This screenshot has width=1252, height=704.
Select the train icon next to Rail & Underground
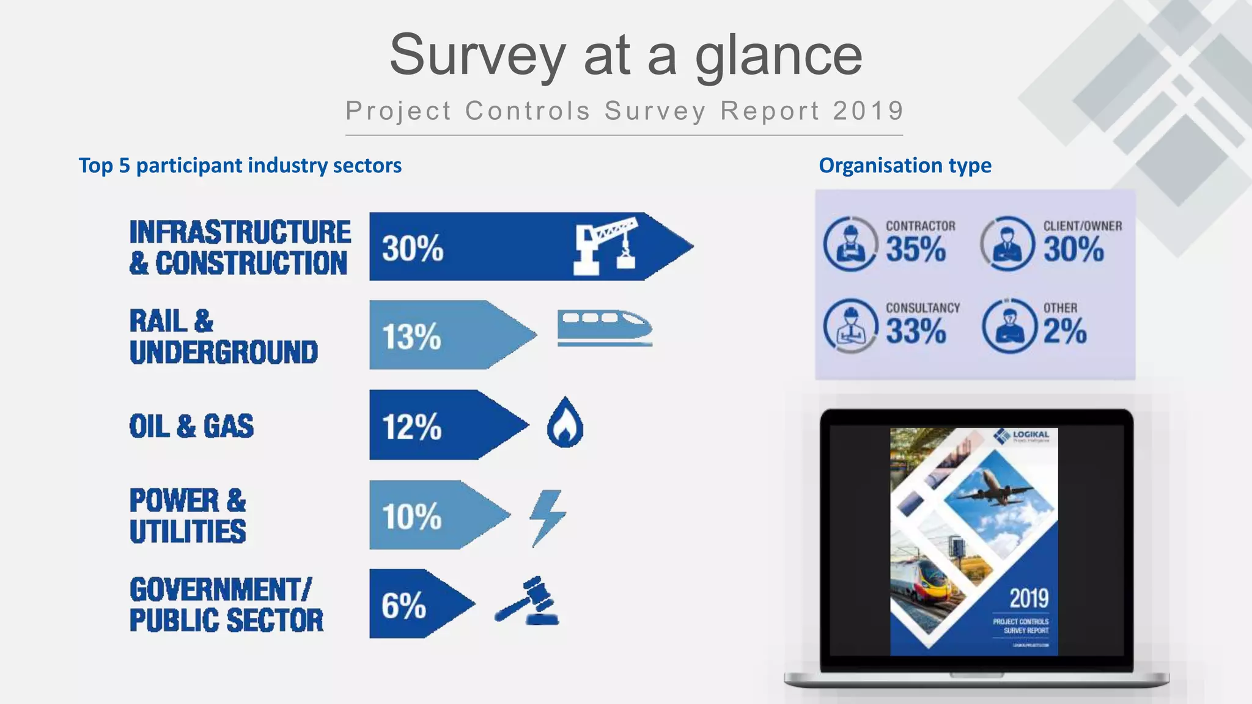[x=604, y=328]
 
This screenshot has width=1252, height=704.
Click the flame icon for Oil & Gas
[x=565, y=424]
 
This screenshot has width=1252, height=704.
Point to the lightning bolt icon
[x=547, y=517]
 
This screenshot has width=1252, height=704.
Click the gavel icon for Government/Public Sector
[x=528, y=601]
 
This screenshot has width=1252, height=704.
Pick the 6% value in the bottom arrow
[x=403, y=606]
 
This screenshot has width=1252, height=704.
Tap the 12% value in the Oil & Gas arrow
[x=411, y=426]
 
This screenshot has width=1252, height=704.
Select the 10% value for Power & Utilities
[x=411, y=516]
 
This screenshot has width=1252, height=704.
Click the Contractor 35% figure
[x=915, y=249]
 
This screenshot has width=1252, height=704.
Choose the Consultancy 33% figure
[x=915, y=331]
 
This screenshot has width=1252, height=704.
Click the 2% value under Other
[x=1064, y=331]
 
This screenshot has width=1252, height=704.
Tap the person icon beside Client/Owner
[x=1007, y=244]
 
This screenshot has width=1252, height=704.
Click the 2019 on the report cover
[x=1029, y=598]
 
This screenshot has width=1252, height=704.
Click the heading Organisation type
[x=905, y=165]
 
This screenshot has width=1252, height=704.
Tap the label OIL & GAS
[x=191, y=426]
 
